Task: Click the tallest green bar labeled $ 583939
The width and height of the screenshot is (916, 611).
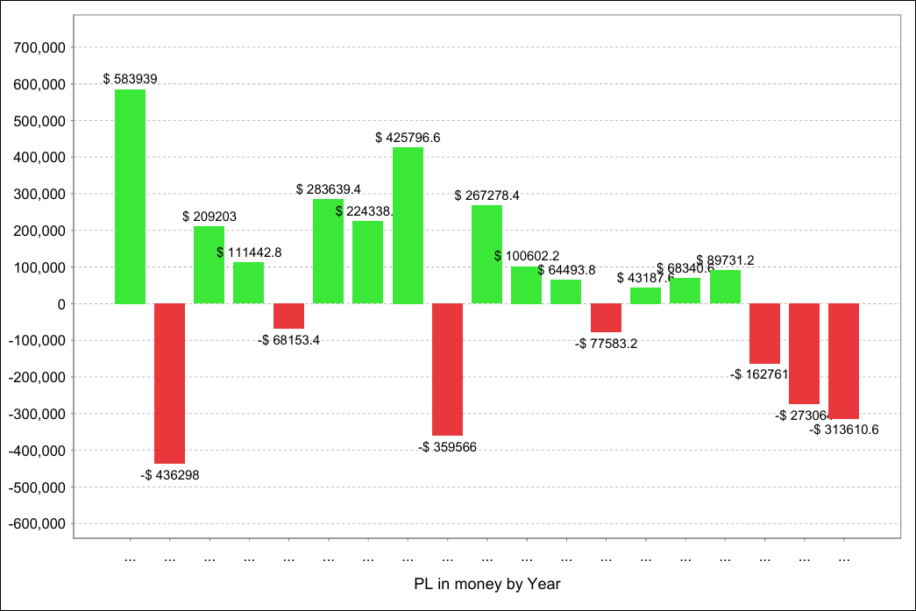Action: (130, 196)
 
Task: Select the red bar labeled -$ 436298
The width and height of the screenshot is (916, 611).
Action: (169, 383)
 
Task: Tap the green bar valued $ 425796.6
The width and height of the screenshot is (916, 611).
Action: (408, 225)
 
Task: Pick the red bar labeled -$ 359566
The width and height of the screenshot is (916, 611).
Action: (447, 369)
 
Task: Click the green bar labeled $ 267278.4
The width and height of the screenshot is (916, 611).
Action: (487, 254)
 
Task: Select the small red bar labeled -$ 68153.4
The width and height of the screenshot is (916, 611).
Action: (288, 316)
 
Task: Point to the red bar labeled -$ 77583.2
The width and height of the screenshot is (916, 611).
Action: (606, 317)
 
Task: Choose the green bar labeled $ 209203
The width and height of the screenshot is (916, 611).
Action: (209, 265)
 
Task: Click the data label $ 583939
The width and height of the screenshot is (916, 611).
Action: (130, 79)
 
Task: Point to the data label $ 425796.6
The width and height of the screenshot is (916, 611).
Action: (408, 138)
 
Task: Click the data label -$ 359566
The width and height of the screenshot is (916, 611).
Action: (448, 447)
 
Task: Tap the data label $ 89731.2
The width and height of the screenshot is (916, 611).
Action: (725, 260)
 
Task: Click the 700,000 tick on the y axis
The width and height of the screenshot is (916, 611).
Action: (41, 47)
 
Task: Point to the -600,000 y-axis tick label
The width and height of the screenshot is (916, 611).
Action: (39, 523)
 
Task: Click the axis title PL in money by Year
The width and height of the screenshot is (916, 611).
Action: (486, 583)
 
